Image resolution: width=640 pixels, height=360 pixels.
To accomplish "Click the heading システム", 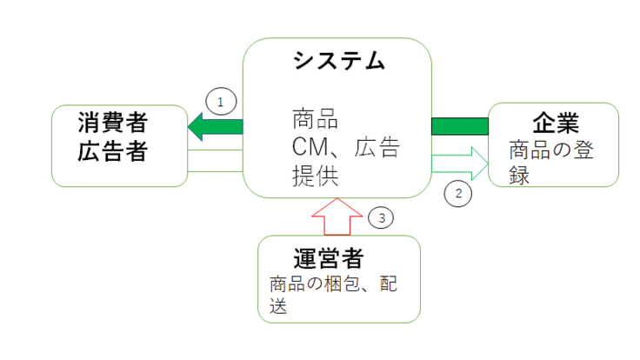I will tap(338, 62).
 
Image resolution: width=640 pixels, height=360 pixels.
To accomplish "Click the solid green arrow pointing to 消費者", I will tap(215, 129).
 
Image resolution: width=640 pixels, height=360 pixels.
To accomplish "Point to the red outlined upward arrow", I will tap(337, 217).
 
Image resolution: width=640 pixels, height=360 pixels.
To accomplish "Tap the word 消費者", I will tap(121, 122).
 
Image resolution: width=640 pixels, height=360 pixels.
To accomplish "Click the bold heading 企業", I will tap(554, 122).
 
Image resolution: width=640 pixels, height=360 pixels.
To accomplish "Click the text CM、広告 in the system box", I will tap(345, 149).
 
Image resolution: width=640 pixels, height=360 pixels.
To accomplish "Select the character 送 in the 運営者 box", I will tap(278, 306).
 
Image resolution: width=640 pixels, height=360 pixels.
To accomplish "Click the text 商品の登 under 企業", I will tap(552, 150).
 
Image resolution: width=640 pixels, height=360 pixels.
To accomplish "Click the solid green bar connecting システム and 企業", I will tap(460, 126).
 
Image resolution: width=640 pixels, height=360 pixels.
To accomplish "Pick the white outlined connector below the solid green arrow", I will tap(215, 161).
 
